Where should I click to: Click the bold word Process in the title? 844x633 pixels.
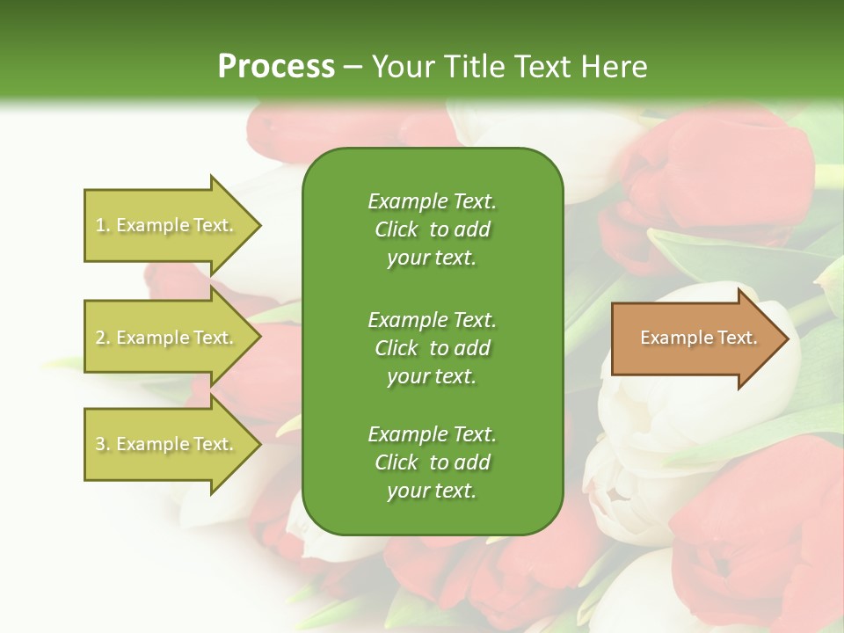click(x=276, y=67)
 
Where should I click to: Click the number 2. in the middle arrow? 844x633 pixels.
click(x=103, y=338)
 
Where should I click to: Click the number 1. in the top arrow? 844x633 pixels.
click(x=102, y=225)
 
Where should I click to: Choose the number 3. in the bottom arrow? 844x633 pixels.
click(x=103, y=444)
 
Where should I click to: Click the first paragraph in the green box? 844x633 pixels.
click(x=432, y=229)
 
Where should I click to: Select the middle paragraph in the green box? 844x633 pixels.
click(x=432, y=347)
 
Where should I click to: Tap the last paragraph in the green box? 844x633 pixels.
click(x=432, y=462)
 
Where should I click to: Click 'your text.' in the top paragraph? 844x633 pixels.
click(x=432, y=258)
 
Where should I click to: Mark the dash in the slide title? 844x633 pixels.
click(x=353, y=67)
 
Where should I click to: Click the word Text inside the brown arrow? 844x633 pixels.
click(x=737, y=338)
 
